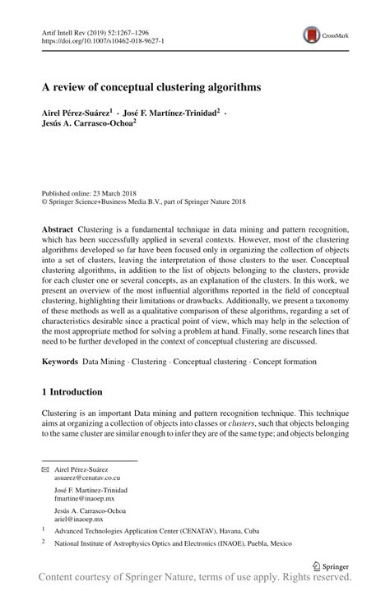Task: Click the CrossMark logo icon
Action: (312, 35)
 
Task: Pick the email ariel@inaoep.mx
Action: (79, 519)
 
